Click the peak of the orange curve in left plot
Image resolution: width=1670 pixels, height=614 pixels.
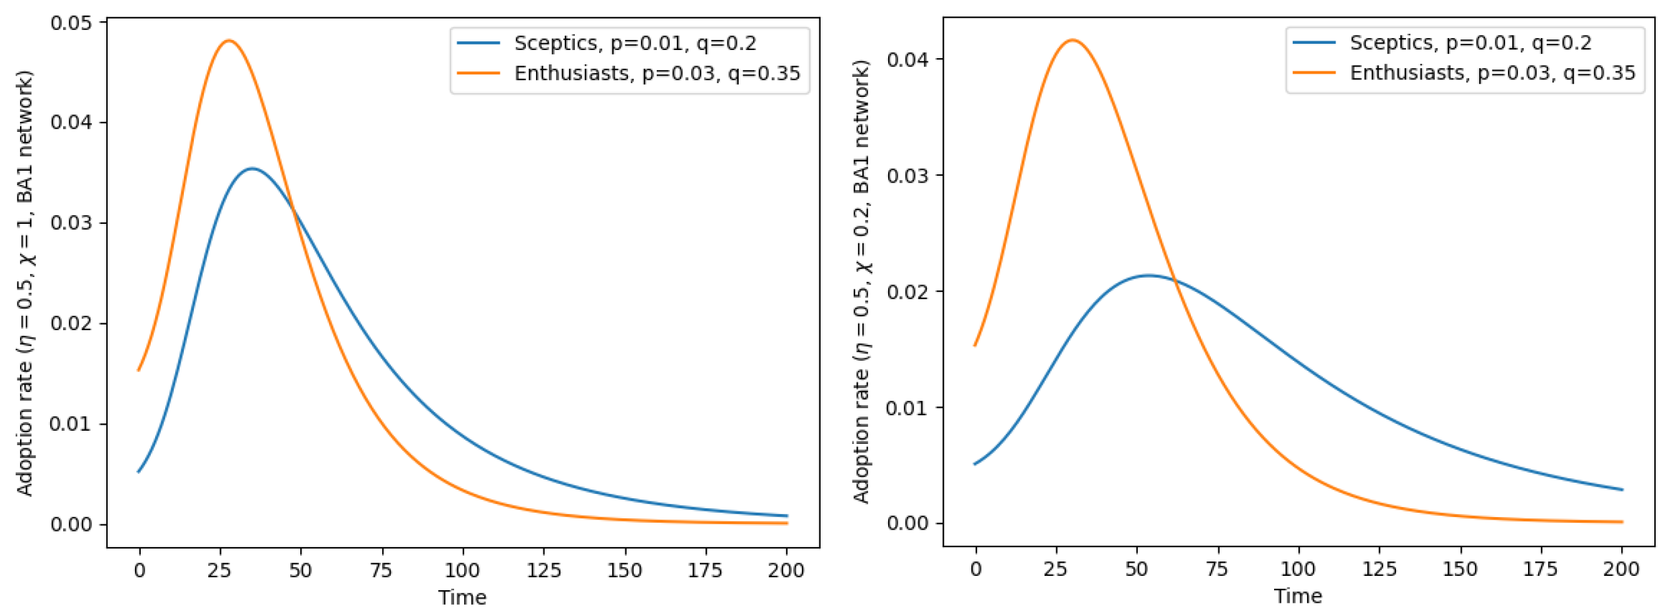229,41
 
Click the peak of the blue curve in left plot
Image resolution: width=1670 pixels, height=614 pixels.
251,169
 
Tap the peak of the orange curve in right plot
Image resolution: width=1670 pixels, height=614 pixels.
1073,40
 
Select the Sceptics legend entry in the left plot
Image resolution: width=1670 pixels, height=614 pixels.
635,43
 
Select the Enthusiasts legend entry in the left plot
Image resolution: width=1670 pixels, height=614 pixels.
657,73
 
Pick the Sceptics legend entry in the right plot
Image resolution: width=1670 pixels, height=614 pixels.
1470,43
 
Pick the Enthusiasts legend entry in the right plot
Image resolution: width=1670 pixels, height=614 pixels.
1492,73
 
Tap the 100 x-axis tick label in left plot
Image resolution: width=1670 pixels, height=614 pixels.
462,571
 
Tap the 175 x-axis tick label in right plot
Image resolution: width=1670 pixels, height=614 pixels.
1541,569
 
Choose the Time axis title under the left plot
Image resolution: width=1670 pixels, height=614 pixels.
462,597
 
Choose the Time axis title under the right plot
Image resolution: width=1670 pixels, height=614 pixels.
1298,596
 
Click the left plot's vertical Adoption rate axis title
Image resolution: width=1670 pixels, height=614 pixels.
24,284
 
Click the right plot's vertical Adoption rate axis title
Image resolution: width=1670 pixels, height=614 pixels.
861,281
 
